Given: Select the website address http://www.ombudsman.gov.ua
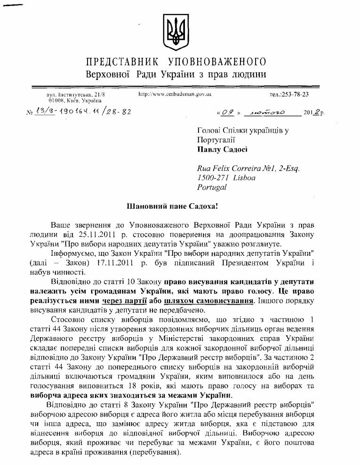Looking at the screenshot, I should point(175,94).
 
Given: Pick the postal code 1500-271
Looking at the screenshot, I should point(215,177).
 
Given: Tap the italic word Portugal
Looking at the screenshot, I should point(212,187).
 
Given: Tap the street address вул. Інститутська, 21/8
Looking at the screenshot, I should point(76,95).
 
